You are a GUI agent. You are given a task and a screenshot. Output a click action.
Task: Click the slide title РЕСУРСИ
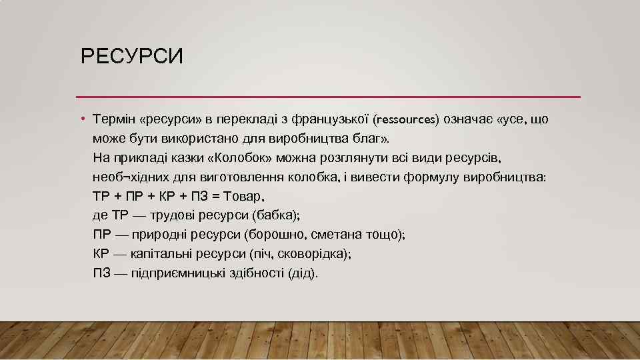click(131, 56)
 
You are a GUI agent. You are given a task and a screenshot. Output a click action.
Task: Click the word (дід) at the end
click(303, 274)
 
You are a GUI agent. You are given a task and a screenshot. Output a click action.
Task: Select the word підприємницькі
click(175, 274)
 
